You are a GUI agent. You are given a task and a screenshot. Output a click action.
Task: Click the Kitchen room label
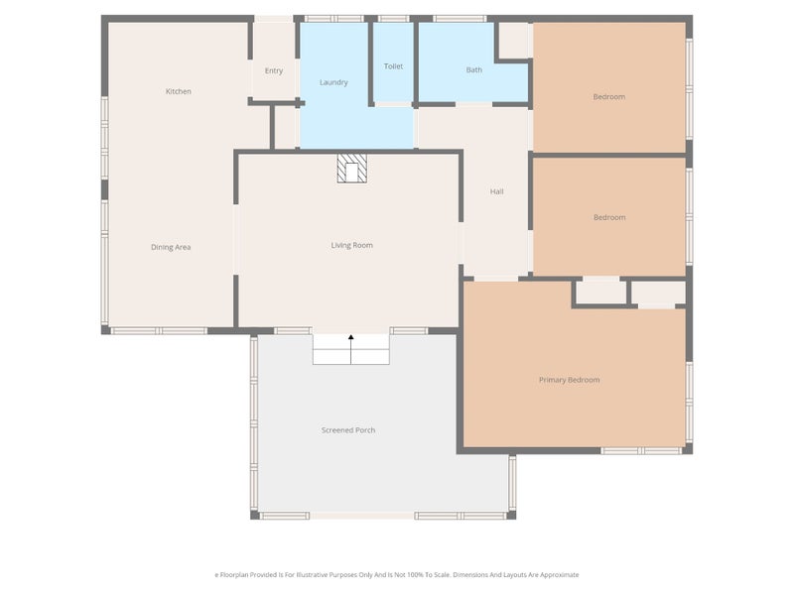click(179, 91)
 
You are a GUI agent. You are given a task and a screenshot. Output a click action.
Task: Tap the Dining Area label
click(171, 247)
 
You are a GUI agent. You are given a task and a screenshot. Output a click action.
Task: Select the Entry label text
click(274, 70)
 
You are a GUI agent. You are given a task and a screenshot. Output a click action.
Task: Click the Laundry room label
click(333, 82)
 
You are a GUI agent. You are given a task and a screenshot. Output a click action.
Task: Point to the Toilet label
click(393, 66)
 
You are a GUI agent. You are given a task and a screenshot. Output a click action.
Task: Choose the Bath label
click(474, 70)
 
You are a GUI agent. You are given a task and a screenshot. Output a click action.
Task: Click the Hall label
click(496, 191)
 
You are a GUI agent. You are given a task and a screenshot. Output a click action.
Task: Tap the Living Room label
click(351, 245)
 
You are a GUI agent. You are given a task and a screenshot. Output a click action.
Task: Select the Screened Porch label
click(348, 429)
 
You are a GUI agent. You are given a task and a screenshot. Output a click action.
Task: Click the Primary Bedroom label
click(569, 380)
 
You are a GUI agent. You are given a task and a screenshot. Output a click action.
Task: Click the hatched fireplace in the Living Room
click(351, 168)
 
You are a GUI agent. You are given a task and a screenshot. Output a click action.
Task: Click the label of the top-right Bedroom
click(609, 96)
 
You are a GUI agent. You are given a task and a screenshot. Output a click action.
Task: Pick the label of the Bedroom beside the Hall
click(609, 217)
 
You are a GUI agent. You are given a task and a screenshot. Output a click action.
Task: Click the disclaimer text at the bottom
click(397, 574)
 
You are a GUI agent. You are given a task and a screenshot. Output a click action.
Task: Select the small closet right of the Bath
click(513, 41)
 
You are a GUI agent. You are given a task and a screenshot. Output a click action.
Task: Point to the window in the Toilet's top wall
click(393, 18)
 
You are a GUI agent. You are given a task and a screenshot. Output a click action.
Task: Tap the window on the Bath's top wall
click(460, 18)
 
